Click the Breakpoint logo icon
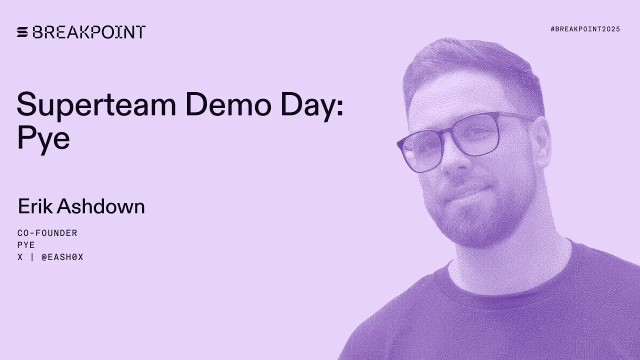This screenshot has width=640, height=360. [x=23, y=32]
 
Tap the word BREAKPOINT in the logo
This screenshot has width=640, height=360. [x=89, y=32]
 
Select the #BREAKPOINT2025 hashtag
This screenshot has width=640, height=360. [x=585, y=29]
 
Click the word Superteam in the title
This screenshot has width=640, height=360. [x=96, y=105]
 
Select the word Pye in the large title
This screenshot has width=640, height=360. [x=43, y=139]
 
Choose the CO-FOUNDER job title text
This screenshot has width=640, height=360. [x=47, y=233]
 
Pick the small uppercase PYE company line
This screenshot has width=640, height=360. [x=26, y=245]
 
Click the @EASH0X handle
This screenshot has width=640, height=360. [x=62, y=257]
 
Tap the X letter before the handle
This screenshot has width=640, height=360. [x=20, y=257]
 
